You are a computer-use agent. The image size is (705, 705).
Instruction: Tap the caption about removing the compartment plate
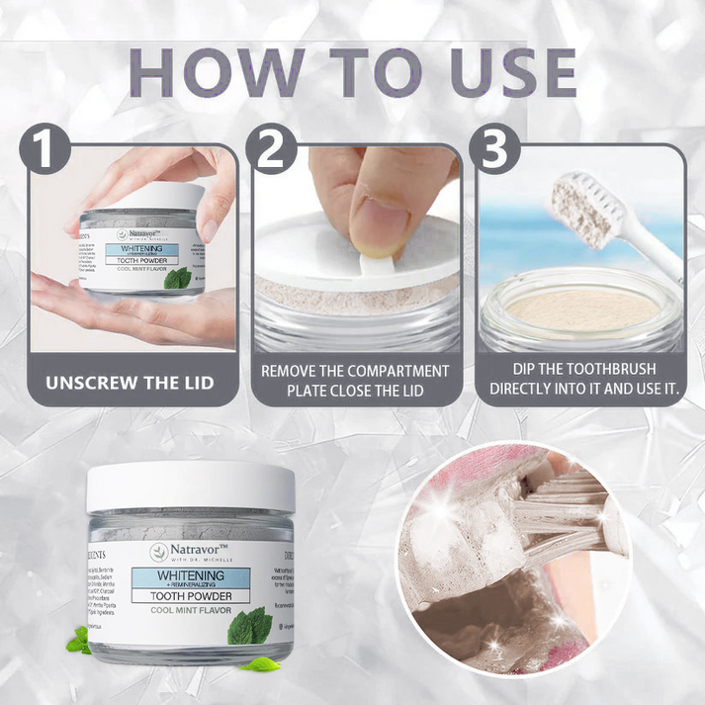point(354,381)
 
